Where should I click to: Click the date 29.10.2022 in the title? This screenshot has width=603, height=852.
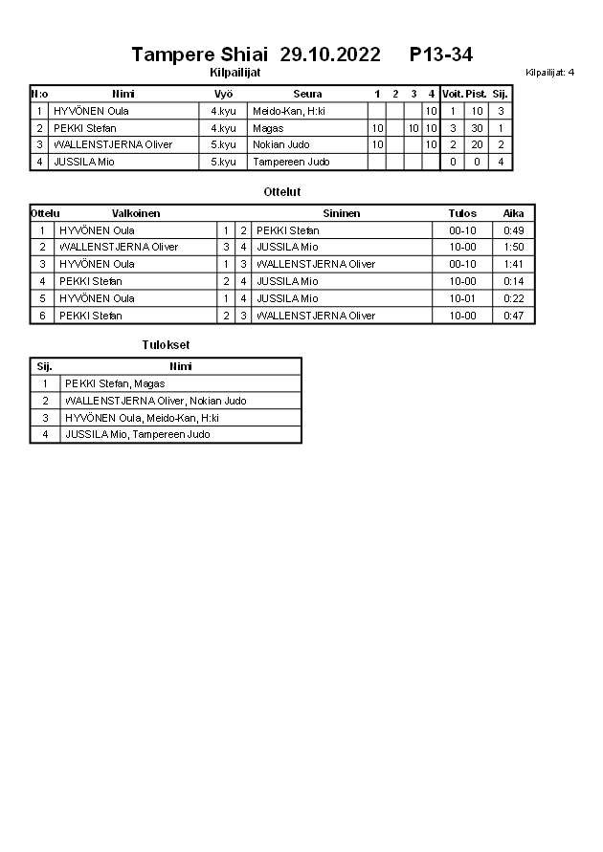coord(330,55)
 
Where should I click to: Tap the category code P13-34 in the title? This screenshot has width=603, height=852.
coord(440,55)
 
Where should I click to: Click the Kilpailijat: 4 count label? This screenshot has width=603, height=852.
coord(549,72)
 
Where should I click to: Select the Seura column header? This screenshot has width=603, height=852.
coord(307,94)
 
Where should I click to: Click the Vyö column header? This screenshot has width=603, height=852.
coord(224,94)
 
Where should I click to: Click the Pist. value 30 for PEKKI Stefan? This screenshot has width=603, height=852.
coord(477,128)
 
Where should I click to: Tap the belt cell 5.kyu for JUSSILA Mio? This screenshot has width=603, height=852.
coord(224,163)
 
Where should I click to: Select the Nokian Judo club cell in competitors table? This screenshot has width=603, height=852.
coord(280,145)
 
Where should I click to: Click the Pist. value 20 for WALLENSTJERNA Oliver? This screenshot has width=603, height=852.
coord(477,145)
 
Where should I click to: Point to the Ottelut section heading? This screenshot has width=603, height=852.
coord(282,192)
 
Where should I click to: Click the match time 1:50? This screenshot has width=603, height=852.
coord(513,247)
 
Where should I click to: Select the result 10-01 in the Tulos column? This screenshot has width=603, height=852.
coord(461,298)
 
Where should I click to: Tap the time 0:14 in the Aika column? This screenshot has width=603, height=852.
coord(513,281)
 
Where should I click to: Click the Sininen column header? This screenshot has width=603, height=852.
coord(341,213)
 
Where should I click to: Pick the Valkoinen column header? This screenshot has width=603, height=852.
coord(136,213)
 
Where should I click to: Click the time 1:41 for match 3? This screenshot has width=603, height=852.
coord(513,264)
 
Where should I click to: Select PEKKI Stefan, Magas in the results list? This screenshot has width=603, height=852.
coord(115,383)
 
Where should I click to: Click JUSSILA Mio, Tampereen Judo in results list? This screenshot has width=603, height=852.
coord(137,434)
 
